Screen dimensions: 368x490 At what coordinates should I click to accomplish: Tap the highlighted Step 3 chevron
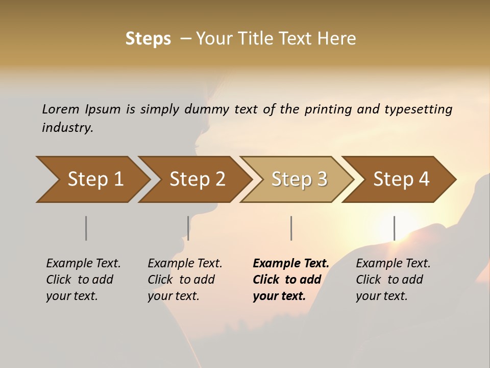point(299,179)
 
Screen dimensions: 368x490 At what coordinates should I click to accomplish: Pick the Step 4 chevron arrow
point(401,179)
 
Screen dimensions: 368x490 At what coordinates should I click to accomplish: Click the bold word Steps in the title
point(148,39)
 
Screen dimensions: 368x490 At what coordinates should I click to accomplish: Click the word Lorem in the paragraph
point(60,109)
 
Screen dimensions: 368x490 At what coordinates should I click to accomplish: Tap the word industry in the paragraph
point(67,127)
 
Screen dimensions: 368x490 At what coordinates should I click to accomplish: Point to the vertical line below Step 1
point(86,228)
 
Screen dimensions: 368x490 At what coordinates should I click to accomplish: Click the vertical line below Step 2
point(188,228)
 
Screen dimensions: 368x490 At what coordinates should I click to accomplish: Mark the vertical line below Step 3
point(291,228)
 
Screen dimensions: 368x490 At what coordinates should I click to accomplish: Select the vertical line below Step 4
point(394,228)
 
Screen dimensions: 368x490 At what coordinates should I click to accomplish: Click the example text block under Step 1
point(83,280)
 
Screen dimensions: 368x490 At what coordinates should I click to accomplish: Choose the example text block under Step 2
point(185,280)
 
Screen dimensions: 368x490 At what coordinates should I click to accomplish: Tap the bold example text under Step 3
point(291,280)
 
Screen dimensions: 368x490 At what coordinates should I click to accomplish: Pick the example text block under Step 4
point(393,280)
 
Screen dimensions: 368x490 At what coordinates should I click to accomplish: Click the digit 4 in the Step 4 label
point(423,179)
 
